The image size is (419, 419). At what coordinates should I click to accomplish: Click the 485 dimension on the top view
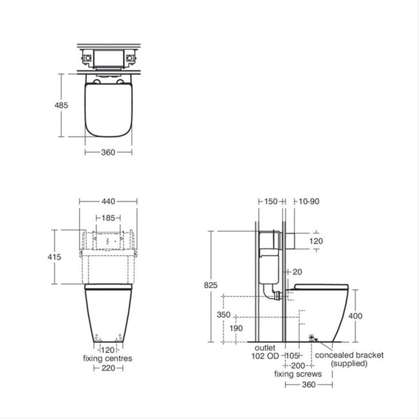61,105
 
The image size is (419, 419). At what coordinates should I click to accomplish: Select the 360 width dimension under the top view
108,152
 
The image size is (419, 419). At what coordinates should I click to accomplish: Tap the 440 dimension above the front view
108,202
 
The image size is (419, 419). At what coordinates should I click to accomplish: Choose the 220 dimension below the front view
108,368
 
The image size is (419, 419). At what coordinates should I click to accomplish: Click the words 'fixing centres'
108,359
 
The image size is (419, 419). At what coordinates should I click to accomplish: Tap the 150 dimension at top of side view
271,202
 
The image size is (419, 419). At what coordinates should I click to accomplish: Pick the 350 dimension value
223,314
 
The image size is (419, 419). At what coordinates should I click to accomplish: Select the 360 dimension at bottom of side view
309,384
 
